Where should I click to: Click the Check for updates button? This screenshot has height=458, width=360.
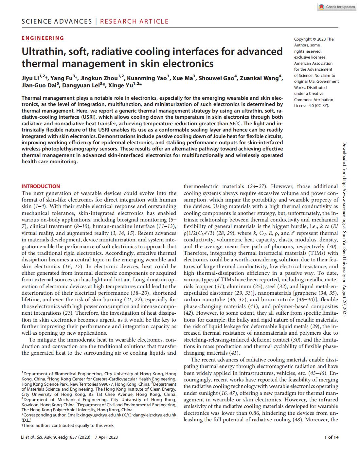click(337, 7)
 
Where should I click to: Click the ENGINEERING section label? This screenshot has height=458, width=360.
click(43, 38)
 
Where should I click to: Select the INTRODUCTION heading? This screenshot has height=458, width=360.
click(41, 186)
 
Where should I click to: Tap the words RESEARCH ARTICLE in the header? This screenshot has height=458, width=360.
click(134, 22)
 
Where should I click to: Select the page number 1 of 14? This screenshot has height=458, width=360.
click(331, 437)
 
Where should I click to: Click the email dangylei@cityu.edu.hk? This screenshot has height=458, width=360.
click(156, 415)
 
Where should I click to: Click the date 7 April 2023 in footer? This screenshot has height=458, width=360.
click(106, 437)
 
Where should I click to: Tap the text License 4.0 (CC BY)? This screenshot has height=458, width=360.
click(311, 106)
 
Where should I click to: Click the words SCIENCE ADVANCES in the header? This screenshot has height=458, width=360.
click(57, 22)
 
